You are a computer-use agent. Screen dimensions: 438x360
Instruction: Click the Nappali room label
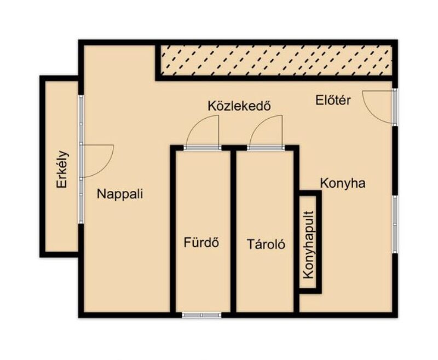point(120,194)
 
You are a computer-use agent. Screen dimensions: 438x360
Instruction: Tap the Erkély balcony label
point(62,170)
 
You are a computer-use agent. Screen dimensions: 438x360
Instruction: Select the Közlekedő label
point(239,106)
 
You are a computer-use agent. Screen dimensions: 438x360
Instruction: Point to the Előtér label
point(333,100)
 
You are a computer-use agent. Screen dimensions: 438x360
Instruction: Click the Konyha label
point(343,183)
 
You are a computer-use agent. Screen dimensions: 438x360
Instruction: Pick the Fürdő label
point(201,242)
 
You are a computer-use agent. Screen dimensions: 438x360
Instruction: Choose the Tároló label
point(266,244)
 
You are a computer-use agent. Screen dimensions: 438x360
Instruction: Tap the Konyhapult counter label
point(308,245)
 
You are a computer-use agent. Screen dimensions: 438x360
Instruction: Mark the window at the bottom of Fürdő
point(201,315)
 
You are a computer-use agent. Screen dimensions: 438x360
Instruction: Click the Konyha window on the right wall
point(395,224)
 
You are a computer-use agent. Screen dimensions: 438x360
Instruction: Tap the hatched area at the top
point(276,60)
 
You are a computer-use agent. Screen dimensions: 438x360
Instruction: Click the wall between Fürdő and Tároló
point(233,231)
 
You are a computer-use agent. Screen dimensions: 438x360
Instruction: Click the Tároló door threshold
point(266,148)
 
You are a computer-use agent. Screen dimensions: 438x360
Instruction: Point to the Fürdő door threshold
point(203,148)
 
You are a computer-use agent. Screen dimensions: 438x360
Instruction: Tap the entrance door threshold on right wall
point(395,107)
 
